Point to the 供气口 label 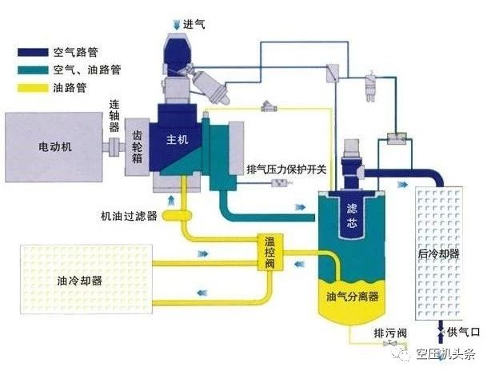[x=465, y=331]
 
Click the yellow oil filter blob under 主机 [x=174, y=214]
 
